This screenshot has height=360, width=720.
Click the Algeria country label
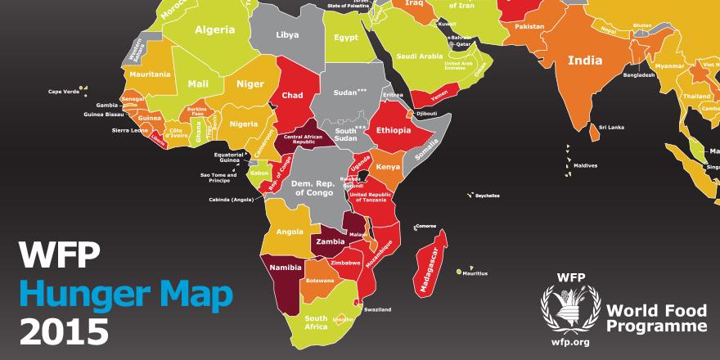214,30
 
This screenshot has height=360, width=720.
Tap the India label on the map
585,60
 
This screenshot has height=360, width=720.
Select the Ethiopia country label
398,130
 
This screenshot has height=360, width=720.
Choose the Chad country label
292,96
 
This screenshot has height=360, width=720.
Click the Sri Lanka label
611,127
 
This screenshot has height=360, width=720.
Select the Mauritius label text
475,273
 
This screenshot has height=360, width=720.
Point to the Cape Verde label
64,92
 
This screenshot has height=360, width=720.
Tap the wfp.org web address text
570,341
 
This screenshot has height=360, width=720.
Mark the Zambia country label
329,242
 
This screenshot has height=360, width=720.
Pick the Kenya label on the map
388,167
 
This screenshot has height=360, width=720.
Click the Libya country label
287,35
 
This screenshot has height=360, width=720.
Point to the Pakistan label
529,26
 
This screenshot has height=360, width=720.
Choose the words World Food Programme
656,317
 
